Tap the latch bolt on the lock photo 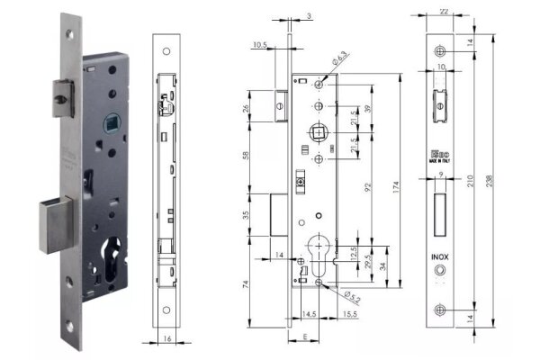58,99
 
